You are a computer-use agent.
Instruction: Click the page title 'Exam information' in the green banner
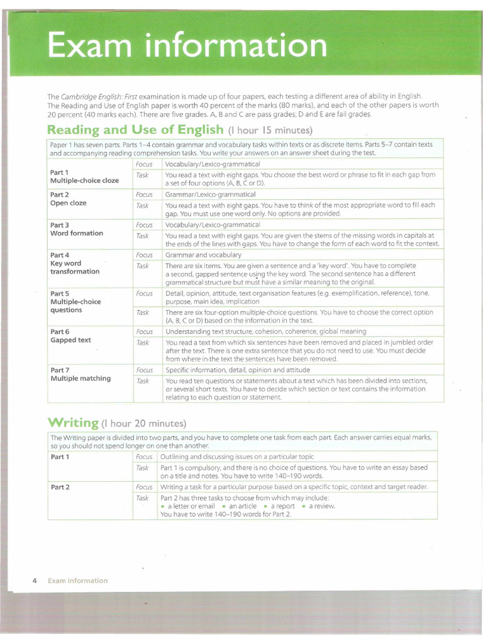(x=187, y=46)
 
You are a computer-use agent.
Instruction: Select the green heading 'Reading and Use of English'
(x=135, y=130)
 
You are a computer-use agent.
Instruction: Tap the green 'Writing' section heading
(x=73, y=422)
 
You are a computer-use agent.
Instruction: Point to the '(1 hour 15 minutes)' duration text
(x=270, y=131)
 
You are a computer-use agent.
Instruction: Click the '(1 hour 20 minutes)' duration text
(x=144, y=423)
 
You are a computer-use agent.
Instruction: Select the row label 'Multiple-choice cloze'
(x=84, y=180)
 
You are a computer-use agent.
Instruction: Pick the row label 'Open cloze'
(x=68, y=203)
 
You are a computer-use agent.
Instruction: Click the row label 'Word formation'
(x=76, y=233)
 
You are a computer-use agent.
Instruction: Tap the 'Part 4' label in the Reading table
(x=60, y=255)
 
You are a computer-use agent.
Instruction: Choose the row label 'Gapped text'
(x=70, y=340)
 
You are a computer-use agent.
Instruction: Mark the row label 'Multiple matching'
(x=80, y=379)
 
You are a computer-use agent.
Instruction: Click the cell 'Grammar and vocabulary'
(x=203, y=255)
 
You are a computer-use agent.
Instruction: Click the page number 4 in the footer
(x=34, y=580)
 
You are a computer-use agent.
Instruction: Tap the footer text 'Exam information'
(x=77, y=580)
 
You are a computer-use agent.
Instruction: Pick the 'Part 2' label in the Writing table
(x=60, y=487)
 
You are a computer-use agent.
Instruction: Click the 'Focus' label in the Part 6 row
(x=144, y=331)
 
